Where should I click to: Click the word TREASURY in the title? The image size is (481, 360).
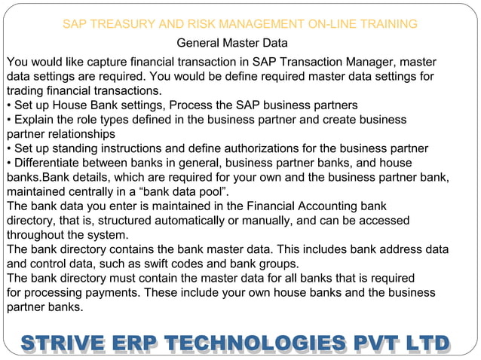(x=122, y=24)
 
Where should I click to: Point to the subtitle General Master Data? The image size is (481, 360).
(x=231, y=44)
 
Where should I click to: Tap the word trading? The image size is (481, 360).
(x=26, y=90)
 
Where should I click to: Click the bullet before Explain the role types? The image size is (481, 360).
(x=9, y=120)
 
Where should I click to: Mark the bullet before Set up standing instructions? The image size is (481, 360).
(x=9, y=148)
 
